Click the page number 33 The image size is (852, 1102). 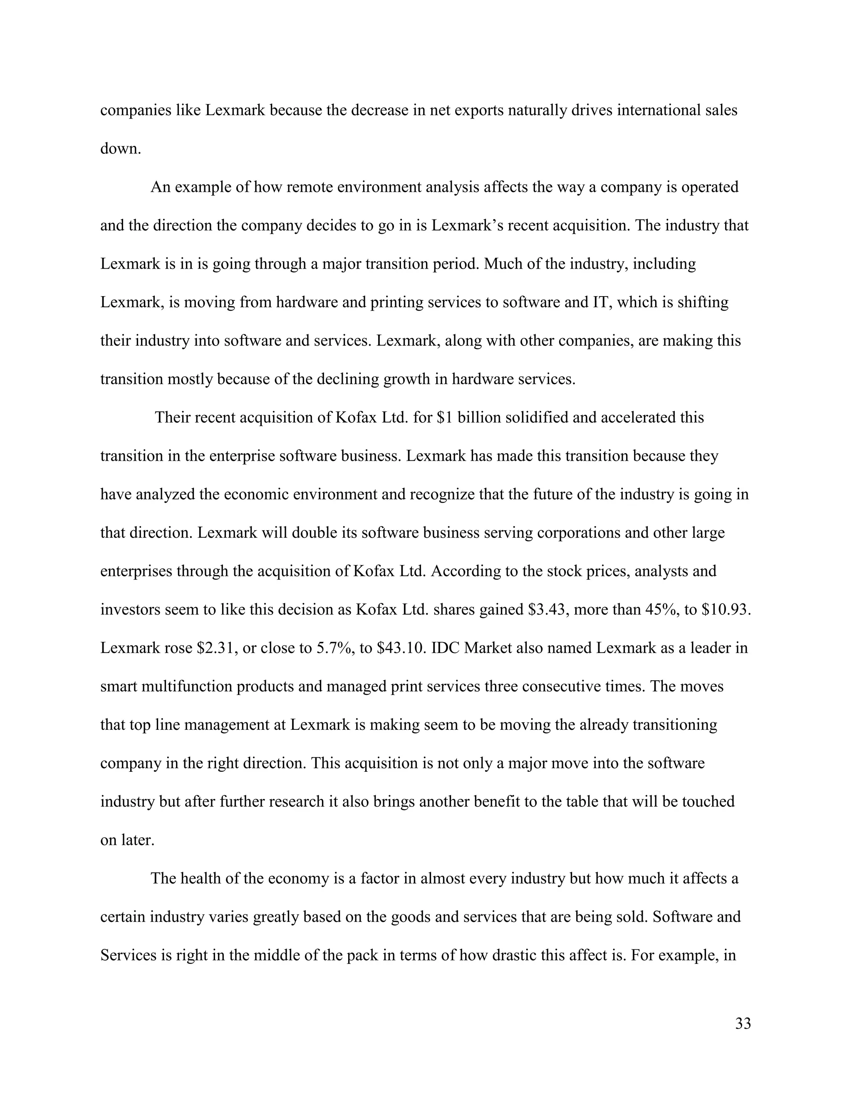(743, 1024)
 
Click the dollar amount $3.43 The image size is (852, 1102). (547, 610)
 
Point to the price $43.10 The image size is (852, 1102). (402, 648)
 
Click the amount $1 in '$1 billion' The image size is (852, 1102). (444, 418)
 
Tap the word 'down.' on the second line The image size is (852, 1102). (121, 149)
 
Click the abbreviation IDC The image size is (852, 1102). (446, 648)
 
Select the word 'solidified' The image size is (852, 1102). (537, 418)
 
